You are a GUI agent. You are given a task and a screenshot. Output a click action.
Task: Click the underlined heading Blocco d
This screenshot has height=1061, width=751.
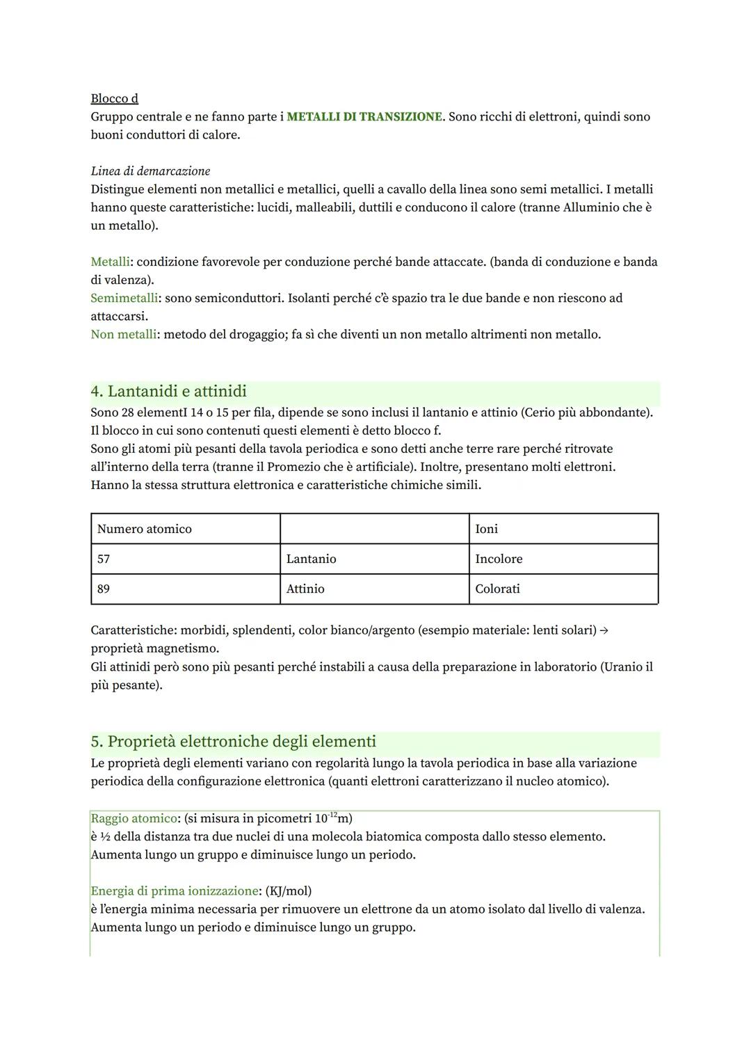click(114, 99)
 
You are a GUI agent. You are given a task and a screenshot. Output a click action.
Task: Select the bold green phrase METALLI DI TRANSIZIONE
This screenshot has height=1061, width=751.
click(364, 117)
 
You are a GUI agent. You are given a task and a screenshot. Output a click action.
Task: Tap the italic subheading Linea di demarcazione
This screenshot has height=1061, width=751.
click(150, 171)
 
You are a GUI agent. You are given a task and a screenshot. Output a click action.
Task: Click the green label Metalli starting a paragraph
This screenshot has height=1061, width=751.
click(110, 262)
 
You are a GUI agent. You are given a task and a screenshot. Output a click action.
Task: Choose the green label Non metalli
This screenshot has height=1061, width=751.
click(123, 335)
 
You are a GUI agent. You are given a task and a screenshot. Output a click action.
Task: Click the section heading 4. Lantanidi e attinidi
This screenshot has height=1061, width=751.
click(169, 392)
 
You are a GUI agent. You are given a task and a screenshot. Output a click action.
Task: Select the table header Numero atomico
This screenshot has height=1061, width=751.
click(145, 529)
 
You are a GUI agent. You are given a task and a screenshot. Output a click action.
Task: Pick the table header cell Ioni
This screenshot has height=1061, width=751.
click(487, 529)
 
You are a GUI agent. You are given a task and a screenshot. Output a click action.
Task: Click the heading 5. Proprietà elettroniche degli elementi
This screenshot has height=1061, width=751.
click(234, 742)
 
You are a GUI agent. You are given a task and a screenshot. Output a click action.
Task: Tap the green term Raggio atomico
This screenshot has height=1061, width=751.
click(134, 819)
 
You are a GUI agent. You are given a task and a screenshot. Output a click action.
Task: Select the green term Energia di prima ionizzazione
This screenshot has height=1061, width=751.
click(175, 891)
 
